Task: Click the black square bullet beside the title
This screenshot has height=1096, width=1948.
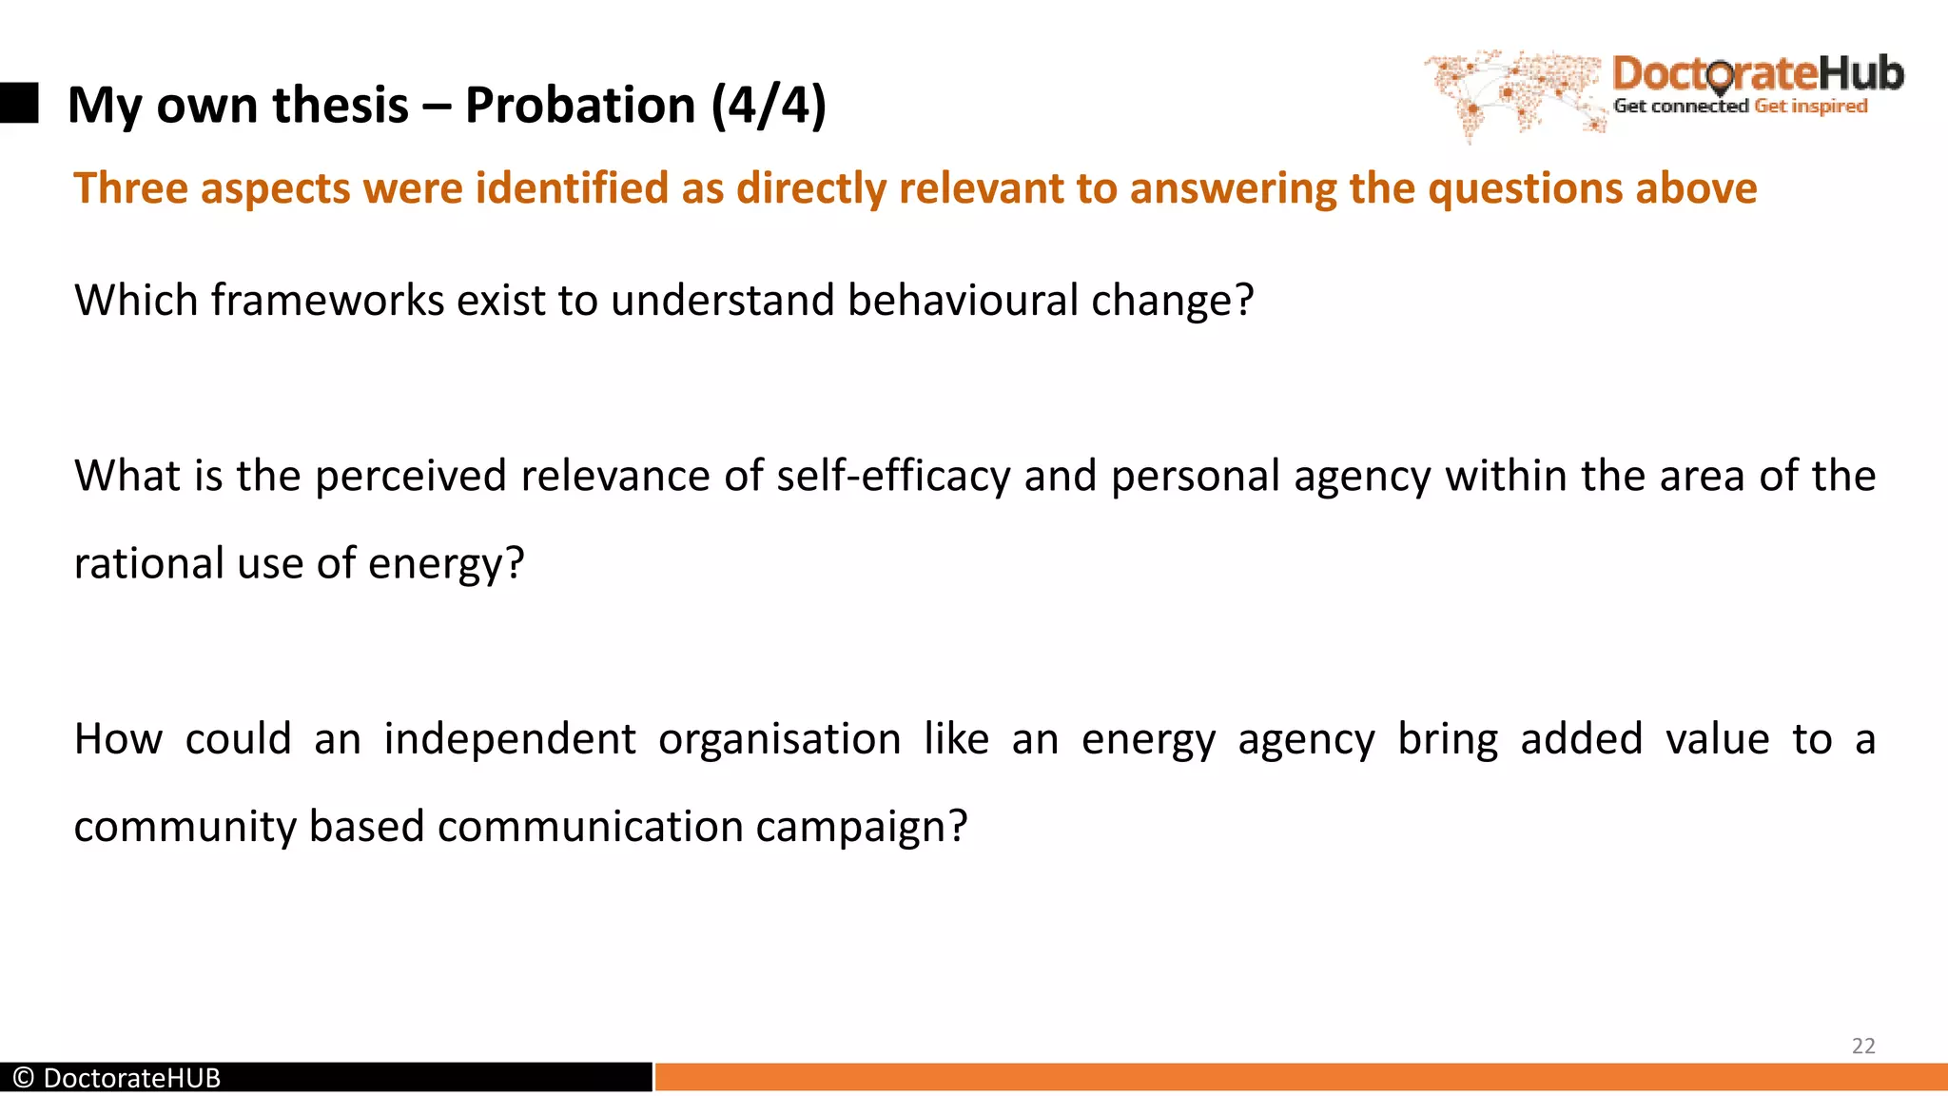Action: pos(19,103)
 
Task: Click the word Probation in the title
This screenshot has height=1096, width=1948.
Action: pos(580,105)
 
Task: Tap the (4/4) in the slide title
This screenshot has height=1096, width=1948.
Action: pos(769,105)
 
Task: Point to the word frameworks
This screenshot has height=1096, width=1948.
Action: pos(327,301)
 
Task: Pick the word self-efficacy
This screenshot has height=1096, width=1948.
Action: pos(893,476)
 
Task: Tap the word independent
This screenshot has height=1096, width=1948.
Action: pos(510,739)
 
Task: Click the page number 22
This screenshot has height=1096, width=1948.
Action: pos(1863,1046)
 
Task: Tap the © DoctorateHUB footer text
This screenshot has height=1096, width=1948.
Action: pos(117,1078)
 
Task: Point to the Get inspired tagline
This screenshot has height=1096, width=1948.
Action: pos(1811,107)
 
